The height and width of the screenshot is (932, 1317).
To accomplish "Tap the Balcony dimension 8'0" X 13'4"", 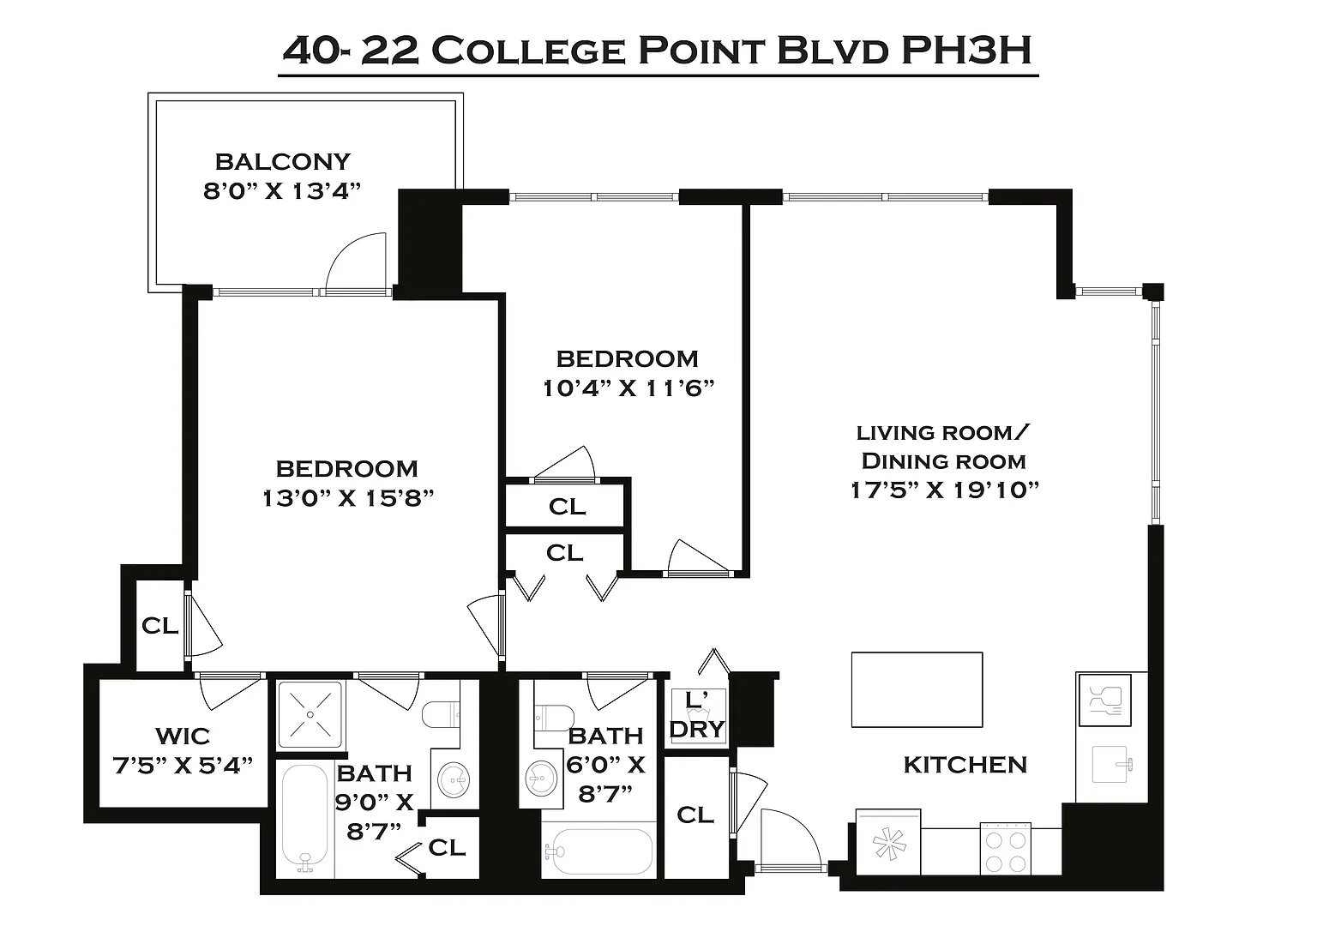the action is (281, 191).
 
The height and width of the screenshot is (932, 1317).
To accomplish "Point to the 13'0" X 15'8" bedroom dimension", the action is (347, 499).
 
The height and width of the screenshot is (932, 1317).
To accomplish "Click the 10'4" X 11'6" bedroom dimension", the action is (628, 388).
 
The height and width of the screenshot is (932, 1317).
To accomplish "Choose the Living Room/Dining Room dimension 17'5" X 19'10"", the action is (945, 490).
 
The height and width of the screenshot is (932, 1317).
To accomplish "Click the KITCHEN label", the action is (965, 765).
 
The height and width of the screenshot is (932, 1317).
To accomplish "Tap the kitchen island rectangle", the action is (917, 689).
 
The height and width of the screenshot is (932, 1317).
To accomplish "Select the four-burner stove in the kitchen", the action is (1006, 847).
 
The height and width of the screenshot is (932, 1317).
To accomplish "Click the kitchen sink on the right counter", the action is (1110, 764).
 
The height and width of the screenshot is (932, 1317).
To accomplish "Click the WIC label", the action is (183, 737).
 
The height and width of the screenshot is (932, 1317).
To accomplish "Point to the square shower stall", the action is (310, 714).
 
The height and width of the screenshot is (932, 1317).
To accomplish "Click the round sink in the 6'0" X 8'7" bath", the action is (541, 778).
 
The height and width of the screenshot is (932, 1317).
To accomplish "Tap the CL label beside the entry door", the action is (695, 815).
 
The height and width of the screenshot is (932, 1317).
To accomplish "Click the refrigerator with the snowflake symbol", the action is (888, 842).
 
